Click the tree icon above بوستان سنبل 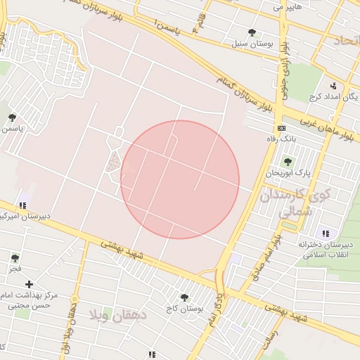click(x=252, y=32)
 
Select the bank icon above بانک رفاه click(x=281, y=129)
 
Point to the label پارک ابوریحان click(x=285, y=172)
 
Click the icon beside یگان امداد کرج click(x=333, y=86)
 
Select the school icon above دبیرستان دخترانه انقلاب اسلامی click(x=325, y=233)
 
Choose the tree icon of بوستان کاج click(x=184, y=298)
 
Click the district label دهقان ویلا click(x=119, y=314)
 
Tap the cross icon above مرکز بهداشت click(x=29, y=284)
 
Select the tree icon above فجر click(x=15, y=258)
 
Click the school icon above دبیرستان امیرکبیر click(x=23, y=205)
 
